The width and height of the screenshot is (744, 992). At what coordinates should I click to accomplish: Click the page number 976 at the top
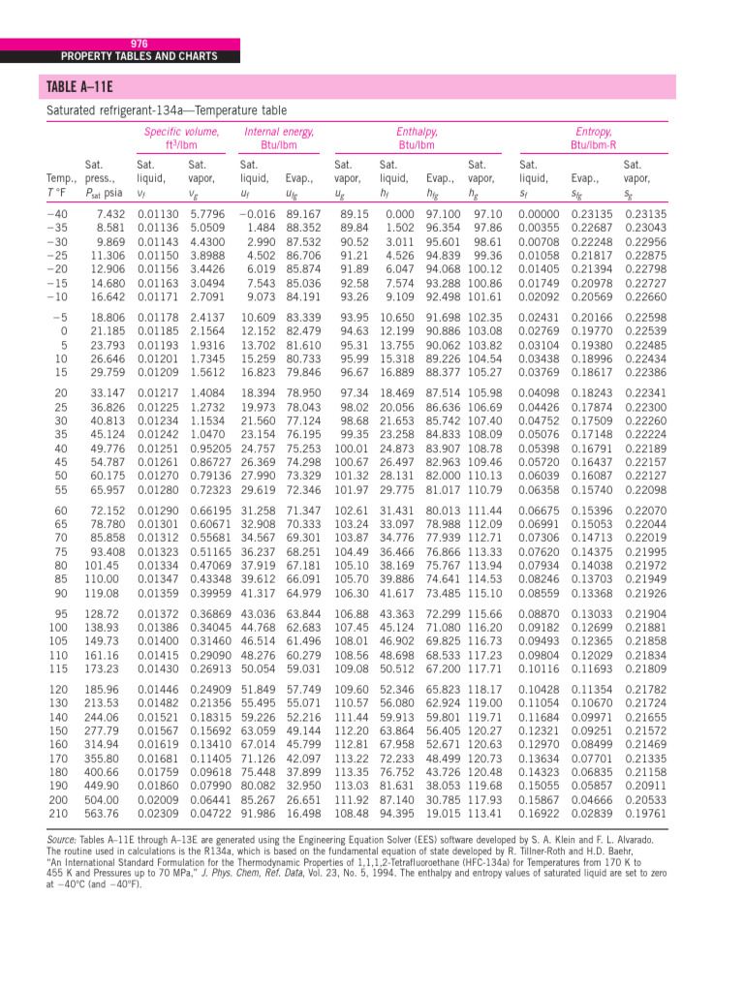(139, 44)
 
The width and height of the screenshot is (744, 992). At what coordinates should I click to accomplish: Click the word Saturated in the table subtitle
(74, 110)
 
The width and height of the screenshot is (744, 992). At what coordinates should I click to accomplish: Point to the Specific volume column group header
(181, 131)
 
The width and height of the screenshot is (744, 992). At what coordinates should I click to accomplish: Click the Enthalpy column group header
(417, 131)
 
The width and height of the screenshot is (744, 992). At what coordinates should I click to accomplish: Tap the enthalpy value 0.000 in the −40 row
(399, 214)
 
